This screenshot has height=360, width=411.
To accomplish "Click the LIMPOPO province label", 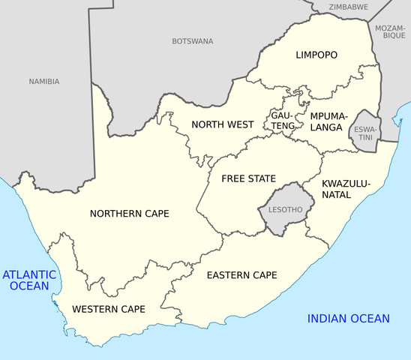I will coord(316,55).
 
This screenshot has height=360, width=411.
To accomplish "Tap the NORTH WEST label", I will coord(221,124).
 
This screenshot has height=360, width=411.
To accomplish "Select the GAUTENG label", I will coord(283,121).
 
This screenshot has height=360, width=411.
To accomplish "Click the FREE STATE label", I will coord(248,178).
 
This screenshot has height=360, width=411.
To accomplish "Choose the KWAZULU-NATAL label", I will coord(346,189).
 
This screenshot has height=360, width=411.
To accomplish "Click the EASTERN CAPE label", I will coord(241,275).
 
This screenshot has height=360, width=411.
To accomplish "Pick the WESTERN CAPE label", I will coord(108,309).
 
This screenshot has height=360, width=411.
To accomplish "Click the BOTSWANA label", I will coord(192,41).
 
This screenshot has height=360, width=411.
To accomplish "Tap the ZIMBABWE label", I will coord(348,7).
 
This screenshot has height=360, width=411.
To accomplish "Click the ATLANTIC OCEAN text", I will coord(30,280).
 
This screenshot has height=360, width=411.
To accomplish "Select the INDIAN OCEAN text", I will coord(348,319).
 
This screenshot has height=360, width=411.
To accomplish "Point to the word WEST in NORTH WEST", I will coord(239,124).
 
